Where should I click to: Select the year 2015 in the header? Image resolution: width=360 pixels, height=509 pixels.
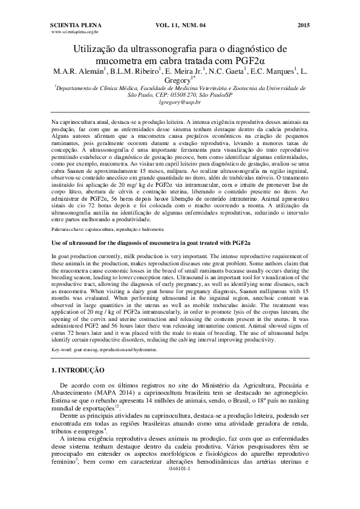pyautogui.click(x=303, y=25)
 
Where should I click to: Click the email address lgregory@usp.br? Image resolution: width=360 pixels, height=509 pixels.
pyautogui.click(x=180, y=103)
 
